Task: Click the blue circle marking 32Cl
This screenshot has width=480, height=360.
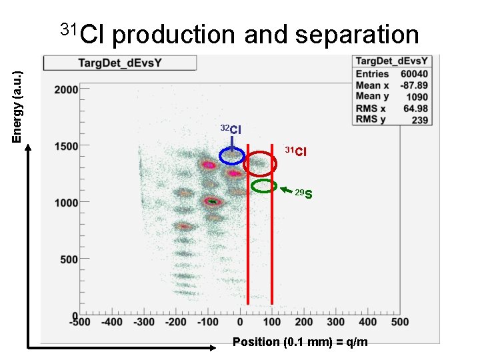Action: [232, 155]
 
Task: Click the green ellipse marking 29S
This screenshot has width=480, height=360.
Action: [264, 186]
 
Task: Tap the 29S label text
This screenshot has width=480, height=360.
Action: [304, 194]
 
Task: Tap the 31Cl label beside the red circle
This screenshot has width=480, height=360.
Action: [296, 152]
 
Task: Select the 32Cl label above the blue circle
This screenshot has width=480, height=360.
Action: [231, 129]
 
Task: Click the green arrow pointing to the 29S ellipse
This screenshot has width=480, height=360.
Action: [286, 189]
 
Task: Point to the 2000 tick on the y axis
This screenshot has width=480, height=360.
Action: [67, 89]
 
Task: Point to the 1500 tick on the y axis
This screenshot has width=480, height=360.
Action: [67, 145]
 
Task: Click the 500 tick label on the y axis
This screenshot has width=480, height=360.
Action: [69, 259]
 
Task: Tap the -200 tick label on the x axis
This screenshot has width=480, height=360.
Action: [175, 322]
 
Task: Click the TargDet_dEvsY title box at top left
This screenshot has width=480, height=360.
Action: [120, 63]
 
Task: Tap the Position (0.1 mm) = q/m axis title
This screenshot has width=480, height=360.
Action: [299, 342]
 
